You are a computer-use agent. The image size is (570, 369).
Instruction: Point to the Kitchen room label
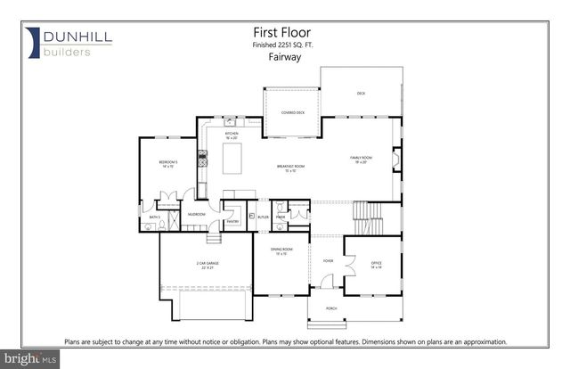(x=232, y=136)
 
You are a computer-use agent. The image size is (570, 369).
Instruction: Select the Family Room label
(x=360, y=159)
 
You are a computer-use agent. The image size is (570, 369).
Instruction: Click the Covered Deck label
(x=293, y=113)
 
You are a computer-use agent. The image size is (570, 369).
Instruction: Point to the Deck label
(x=361, y=93)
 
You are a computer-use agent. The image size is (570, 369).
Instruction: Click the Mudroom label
(x=197, y=215)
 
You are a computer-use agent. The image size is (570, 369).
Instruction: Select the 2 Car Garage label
(x=208, y=265)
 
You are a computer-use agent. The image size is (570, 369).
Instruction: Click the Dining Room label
(x=280, y=252)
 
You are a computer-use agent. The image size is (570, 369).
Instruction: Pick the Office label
(x=364, y=263)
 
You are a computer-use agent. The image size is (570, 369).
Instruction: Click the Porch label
(x=331, y=309)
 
